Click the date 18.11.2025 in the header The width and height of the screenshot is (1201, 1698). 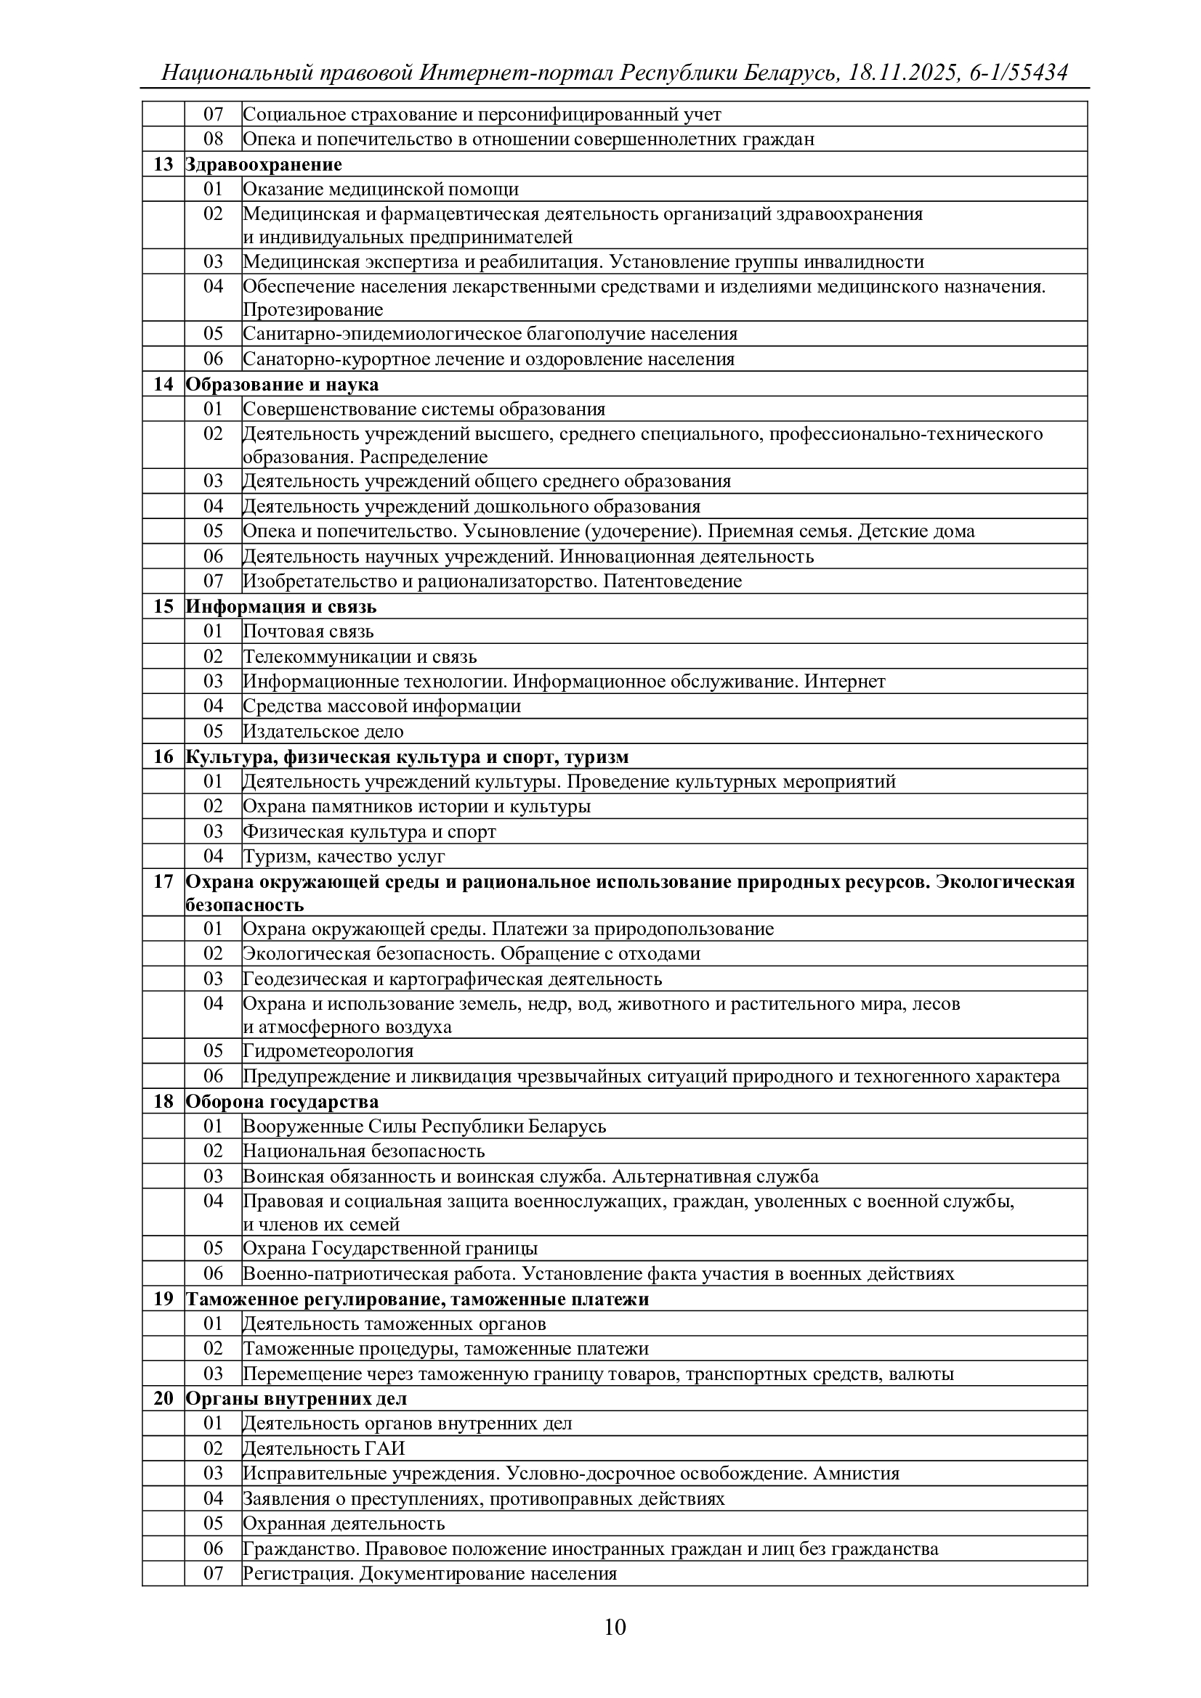[x=903, y=73]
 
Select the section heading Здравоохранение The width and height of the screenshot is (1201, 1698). [x=264, y=164]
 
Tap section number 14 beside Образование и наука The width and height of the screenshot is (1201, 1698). [x=163, y=385]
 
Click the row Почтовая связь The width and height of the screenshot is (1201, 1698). [x=309, y=632]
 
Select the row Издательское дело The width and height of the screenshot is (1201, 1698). [x=323, y=732]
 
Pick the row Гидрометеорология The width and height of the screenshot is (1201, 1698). [x=328, y=1050]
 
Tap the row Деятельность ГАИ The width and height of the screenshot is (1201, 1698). [x=324, y=1448]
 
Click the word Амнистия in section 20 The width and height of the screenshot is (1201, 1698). [x=856, y=1473]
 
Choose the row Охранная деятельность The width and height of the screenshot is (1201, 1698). [x=344, y=1524]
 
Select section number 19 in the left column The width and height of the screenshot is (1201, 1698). [x=163, y=1299]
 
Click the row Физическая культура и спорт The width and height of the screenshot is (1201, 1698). [x=369, y=831]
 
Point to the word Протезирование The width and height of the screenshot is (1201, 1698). [x=313, y=309]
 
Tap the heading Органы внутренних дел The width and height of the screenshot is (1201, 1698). [x=296, y=1398]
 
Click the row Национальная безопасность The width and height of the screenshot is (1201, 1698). [x=364, y=1151]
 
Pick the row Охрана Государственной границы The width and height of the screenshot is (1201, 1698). [x=390, y=1249]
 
